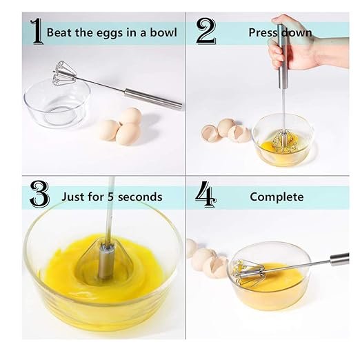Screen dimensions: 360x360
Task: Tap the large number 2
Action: click(x=206, y=32)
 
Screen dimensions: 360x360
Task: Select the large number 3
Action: click(x=39, y=196)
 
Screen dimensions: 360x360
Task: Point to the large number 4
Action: click(x=206, y=196)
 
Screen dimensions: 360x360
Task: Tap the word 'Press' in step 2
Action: click(x=263, y=32)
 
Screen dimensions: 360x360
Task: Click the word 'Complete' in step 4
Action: click(x=277, y=197)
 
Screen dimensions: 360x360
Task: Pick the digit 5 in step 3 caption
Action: click(x=103, y=197)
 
